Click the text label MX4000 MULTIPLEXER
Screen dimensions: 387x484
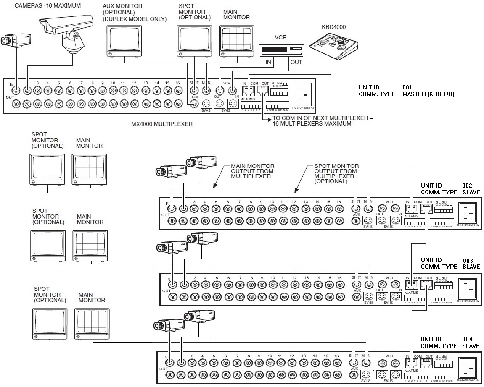coord(162,124)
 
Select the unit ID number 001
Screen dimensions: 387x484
coord(408,87)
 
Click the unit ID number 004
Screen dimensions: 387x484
coord(467,339)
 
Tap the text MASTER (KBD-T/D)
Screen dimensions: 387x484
coord(428,94)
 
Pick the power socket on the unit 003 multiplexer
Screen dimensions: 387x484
coord(468,288)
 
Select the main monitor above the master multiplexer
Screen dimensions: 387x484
coord(234,41)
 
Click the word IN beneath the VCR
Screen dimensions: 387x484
coord(267,63)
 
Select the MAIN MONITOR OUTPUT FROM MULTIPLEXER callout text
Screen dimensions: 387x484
coord(252,171)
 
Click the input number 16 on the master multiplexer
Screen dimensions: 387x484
coord(178,83)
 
